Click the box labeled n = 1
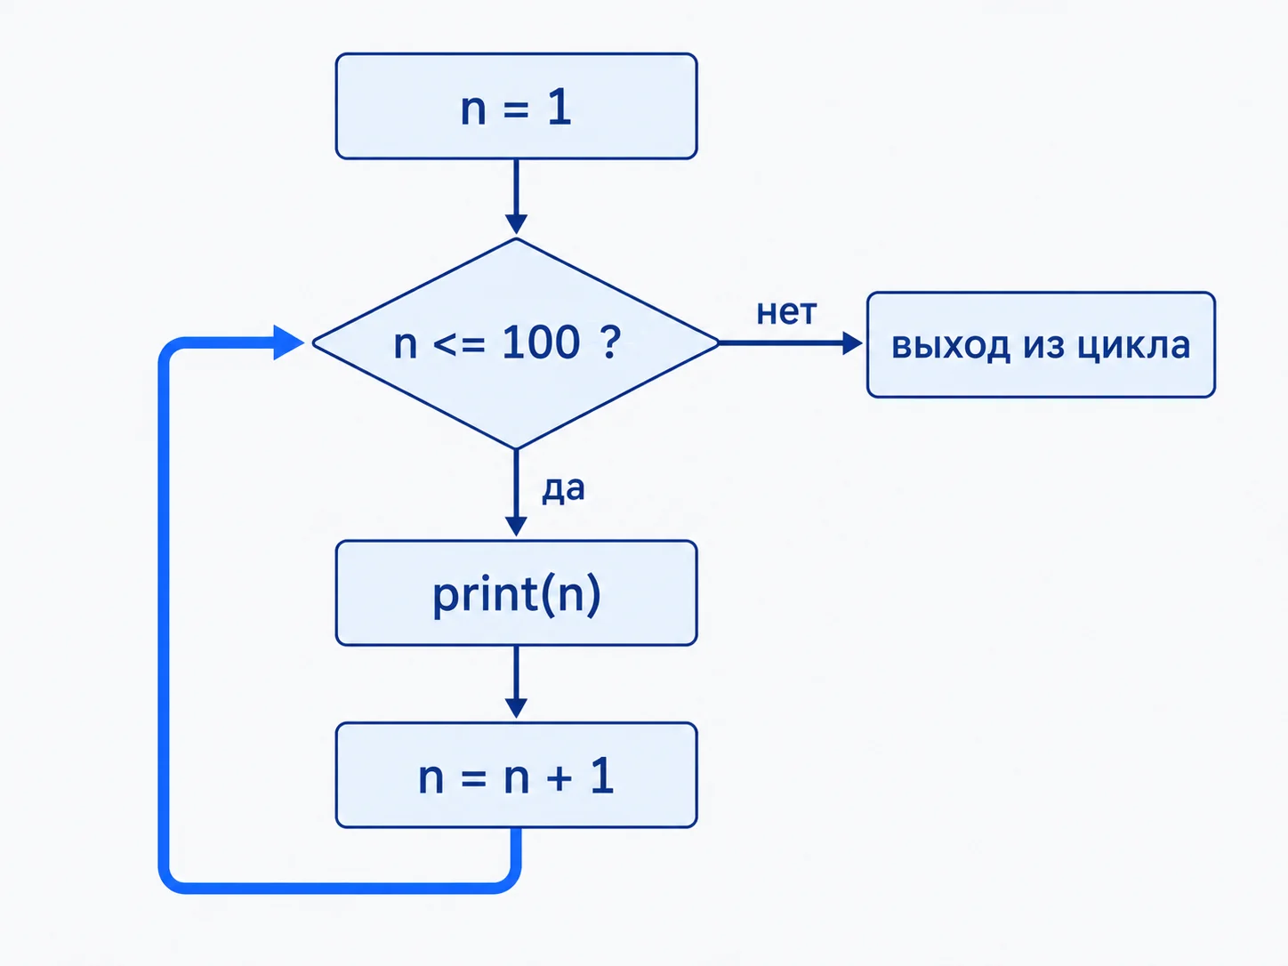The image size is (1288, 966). point(517,106)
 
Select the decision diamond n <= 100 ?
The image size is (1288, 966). point(517,343)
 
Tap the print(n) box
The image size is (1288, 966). point(517,593)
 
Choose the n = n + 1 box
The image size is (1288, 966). point(517,776)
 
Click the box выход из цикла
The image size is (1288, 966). point(1041,345)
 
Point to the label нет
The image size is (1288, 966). point(786,312)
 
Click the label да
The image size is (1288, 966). point(563,489)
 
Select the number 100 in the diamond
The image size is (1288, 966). point(541,342)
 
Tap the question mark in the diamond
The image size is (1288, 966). point(610,342)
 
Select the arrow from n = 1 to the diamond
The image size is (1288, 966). point(517,197)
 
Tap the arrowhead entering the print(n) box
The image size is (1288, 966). point(517,527)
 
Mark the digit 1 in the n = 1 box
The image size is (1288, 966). point(559,108)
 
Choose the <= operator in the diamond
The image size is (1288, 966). point(459,343)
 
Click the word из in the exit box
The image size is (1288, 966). point(1044,345)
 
